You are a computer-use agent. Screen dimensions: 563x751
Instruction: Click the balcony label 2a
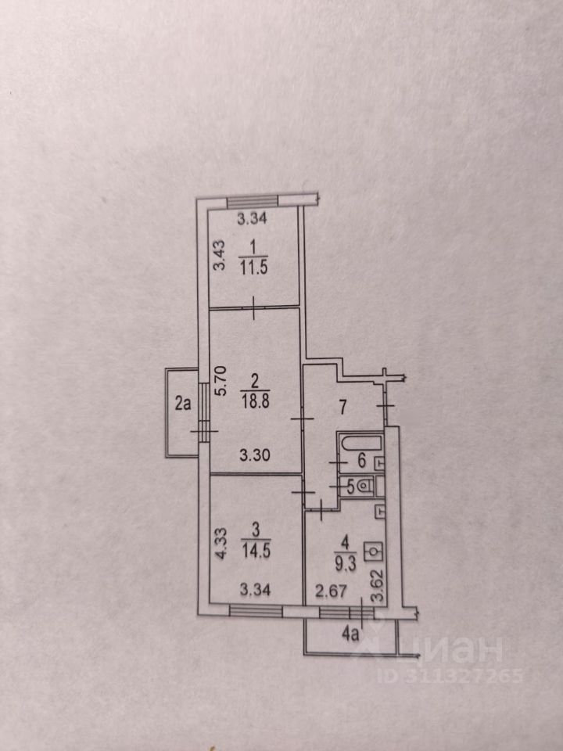point(183,404)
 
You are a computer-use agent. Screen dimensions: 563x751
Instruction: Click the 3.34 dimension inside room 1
point(252,220)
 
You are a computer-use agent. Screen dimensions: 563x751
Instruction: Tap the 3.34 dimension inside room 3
point(253,590)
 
